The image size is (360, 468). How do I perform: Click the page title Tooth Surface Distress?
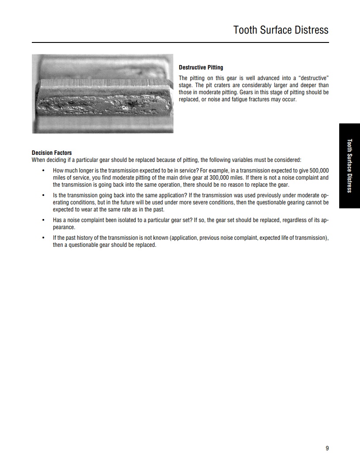[x=281, y=30]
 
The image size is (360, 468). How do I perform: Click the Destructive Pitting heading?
[x=201, y=68]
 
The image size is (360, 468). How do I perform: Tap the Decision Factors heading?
[x=52, y=153]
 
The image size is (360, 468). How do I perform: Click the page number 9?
[x=327, y=448]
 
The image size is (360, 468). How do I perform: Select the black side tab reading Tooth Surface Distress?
[x=349, y=166]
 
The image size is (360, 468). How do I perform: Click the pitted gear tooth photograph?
[x=103, y=94]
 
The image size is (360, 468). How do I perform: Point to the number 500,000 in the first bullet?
[x=318, y=170]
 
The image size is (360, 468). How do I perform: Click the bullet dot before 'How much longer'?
[x=43, y=170]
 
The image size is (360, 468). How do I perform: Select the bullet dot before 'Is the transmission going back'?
[x=43, y=195]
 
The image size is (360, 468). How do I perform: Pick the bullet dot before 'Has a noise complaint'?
[x=43, y=220]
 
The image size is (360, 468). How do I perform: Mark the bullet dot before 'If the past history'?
[x=43, y=238]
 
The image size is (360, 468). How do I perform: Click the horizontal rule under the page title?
[x=180, y=43]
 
